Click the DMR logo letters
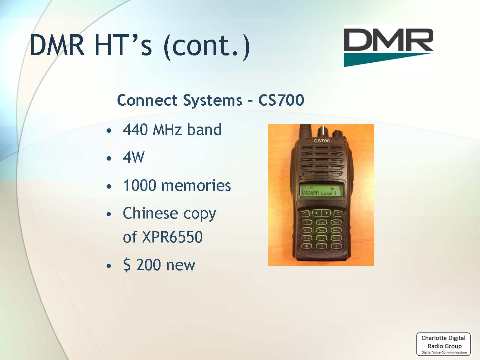(x=388, y=40)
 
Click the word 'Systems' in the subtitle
(x=213, y=100)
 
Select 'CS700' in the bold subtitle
(x=281, y=100)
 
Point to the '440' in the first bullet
(x=135, y=129)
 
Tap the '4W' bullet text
(x=134, y=157)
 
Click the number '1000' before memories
(x=140, y=185)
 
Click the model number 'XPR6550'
(x=172, y=237)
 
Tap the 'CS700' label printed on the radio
(x=321, y=141)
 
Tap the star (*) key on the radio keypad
(x=307, y=246)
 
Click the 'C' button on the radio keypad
(x=305, y=214)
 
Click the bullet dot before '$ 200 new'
(x=109, y=266)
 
